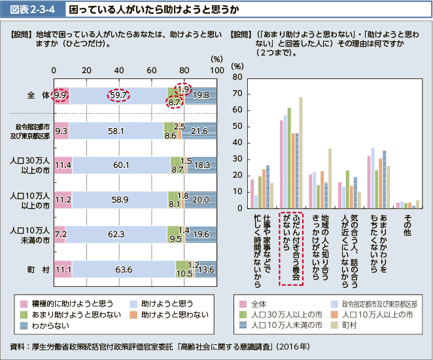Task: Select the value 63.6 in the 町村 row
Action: tap(122, 269)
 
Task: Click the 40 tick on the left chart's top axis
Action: tap(119, 70)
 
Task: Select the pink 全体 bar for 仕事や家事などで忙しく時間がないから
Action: tap(252, 194)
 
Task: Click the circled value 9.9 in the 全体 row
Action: tap(61, 95)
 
